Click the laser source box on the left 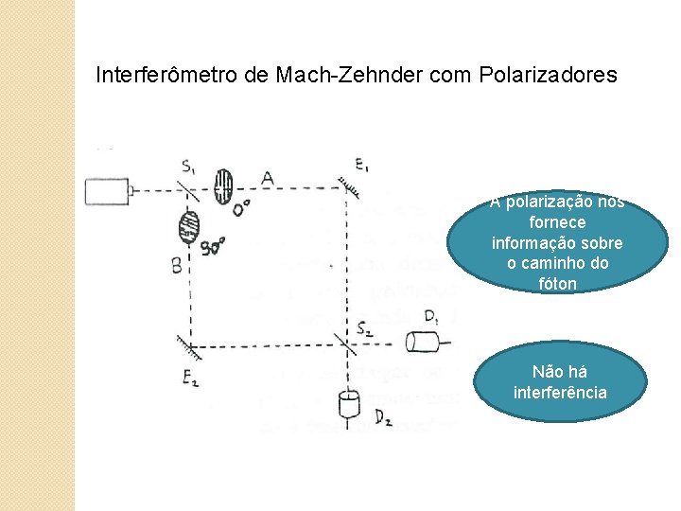(x=107, y=191)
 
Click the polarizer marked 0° (x=223, y=186)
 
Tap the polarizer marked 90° (x=189, y=227)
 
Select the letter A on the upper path (x=268, y=178)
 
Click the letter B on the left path (x=177, y=266)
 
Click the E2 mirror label (x=190, y=379)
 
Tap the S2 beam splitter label (x=366, y=327)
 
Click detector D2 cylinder (x=350, y=406)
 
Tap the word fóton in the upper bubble (x=556, y=284)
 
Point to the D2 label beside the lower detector (x=383, y=415)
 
